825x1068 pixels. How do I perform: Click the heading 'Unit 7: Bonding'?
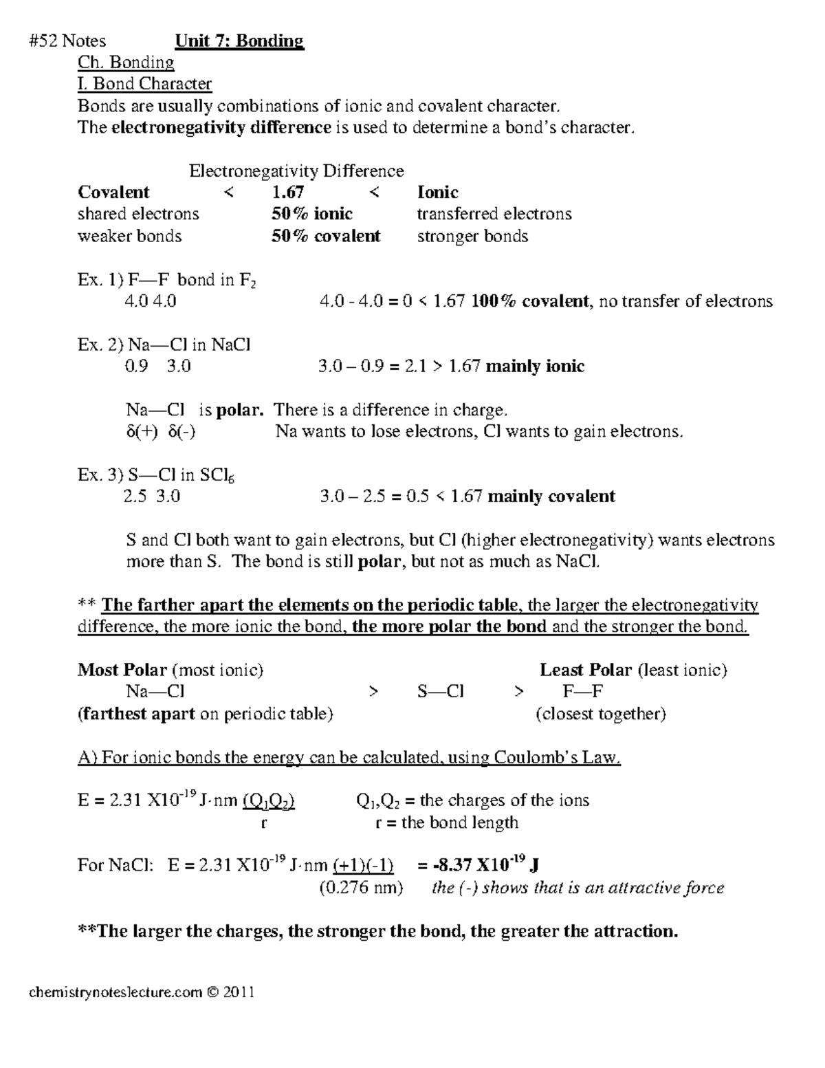(x=239, y=41)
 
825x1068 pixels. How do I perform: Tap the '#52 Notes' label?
(x=67, y=41)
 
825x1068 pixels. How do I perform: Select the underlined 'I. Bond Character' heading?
(x=144, y=84)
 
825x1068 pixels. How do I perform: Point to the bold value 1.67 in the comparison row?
(x=287, y=193)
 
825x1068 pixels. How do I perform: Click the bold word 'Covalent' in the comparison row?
(x=113, y=193)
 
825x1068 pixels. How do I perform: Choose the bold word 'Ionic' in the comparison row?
(x=437, y=193)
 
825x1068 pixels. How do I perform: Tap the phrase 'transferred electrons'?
(x=494, y=214)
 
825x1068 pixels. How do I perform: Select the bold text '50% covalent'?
(x=326, y=236)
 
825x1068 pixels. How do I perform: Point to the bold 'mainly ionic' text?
(x=535, y=367)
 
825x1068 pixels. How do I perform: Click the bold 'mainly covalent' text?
(x=551, y=497)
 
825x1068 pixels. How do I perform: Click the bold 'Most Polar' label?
(x=122, y=670)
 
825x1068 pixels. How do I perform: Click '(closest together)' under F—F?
(x=600, y=714)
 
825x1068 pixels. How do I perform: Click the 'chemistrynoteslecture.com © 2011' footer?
(x=141, y=992)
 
